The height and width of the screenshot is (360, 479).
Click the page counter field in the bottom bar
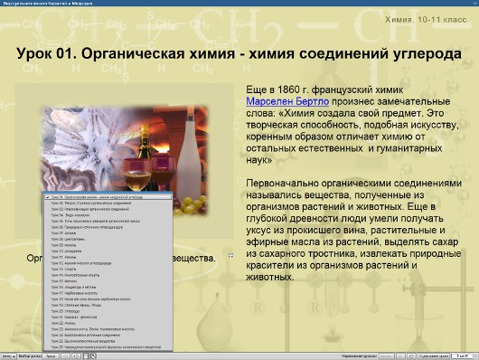[463, 355]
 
